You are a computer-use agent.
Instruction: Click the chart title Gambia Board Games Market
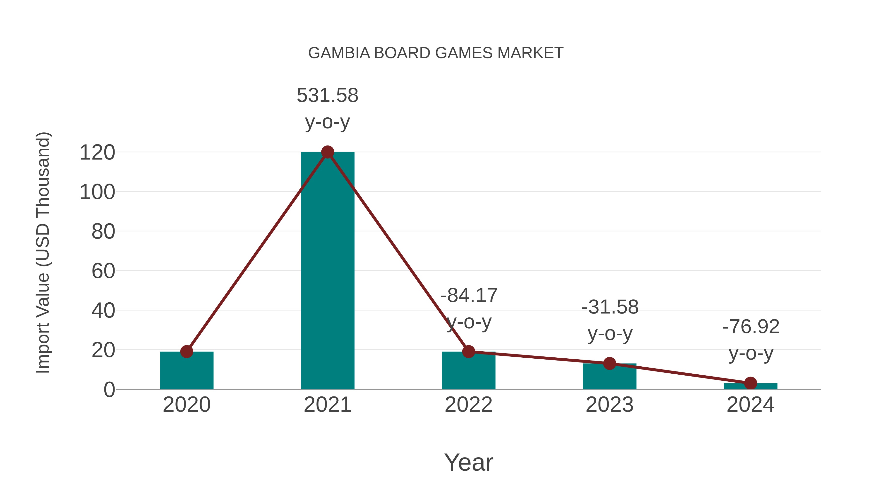coord(436,53)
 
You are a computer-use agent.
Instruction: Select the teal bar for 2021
coord(327,271)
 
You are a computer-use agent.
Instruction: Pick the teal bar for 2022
coord(468,373)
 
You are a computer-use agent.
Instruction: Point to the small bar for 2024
coord(750,386)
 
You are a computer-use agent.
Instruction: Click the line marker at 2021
coord(327,152)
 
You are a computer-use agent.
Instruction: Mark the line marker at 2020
coord(187,352)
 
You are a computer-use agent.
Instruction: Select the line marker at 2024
coord(750,383)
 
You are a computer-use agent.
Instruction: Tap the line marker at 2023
coord(609,364)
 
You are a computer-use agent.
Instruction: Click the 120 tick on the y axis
coord(97,153)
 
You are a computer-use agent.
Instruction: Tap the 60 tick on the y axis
coord(103,271)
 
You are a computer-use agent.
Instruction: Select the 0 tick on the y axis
coord(109,390)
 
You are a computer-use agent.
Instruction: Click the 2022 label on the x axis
coord(468,405)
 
